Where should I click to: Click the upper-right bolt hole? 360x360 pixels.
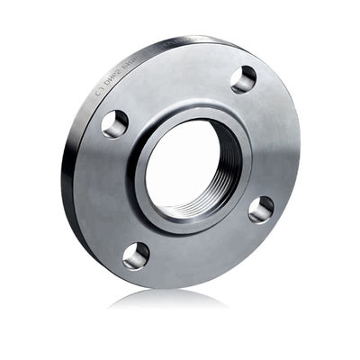pyautogui.click(x=243, y=79)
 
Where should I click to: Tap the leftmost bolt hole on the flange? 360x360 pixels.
pyautogui.click(x=114, y=123)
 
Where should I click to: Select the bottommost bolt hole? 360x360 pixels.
pyautogui.click(x=136, y=255)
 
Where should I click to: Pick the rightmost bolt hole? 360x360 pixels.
pyautogui.click(x=261, y=210)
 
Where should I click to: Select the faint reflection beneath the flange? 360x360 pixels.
pyautogui.click(x=180, y=301)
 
